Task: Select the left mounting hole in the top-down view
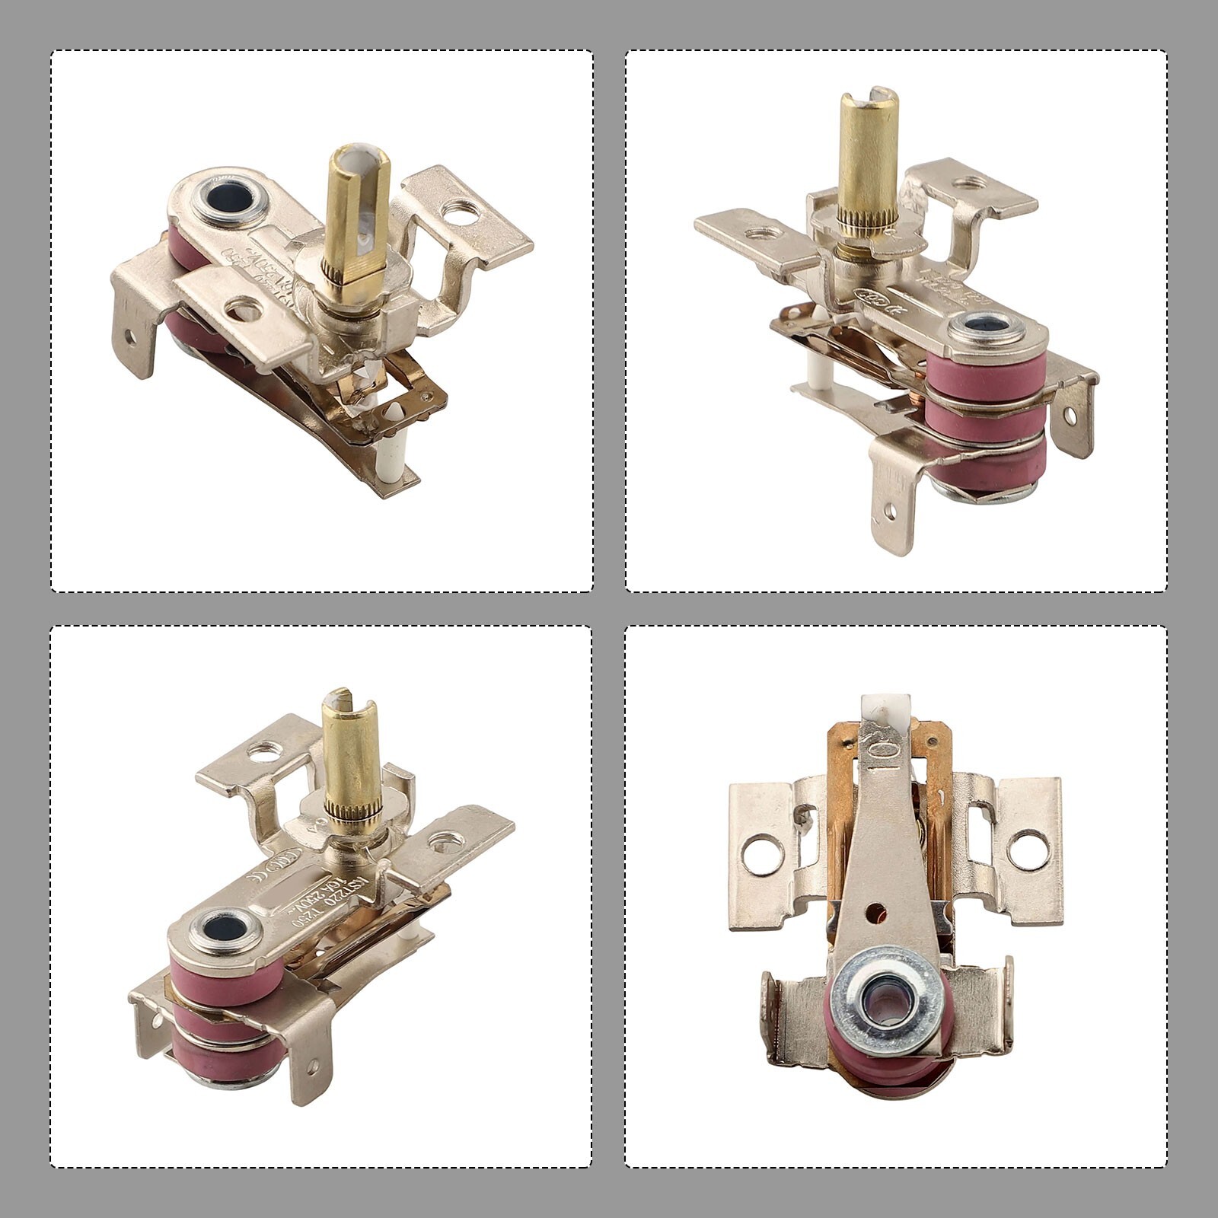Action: pos(766,855)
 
